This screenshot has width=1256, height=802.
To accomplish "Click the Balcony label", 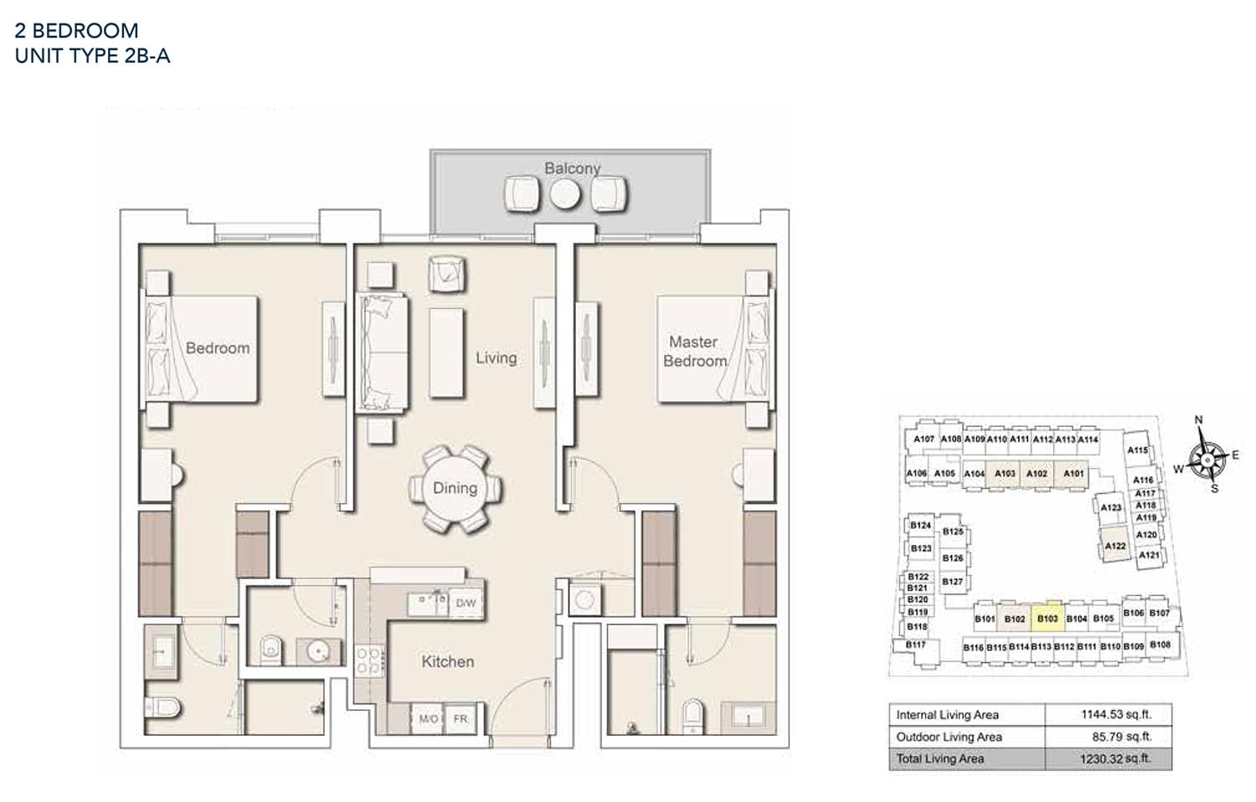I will [572, 168].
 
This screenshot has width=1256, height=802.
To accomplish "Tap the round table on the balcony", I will [564, 194].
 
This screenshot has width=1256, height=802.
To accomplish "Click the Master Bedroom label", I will [694, 352].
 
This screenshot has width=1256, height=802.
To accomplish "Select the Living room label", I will [496, 357].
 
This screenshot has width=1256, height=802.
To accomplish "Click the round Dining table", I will [456, 488].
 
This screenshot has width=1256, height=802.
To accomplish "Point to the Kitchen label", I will [447, 661].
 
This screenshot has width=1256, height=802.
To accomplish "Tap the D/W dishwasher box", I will [466, 603].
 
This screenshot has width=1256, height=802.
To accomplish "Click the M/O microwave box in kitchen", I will [428, 719].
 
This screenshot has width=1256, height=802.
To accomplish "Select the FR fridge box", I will [461, 719].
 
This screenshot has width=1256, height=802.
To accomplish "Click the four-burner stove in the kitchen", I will [369, 661].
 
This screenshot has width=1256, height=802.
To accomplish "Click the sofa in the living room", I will [383, 352].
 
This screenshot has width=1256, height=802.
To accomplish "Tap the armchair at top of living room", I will [447, 273].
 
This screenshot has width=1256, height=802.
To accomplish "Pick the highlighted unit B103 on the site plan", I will [1048, 619].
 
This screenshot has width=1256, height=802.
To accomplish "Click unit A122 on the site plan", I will [1114, 546].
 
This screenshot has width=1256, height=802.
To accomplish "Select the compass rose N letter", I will [1198, 420].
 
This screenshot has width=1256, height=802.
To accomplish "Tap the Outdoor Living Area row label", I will [949, 737].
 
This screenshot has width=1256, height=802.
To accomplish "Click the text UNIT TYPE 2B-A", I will [93, 56].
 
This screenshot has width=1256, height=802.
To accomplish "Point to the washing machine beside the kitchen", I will [584, 599].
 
